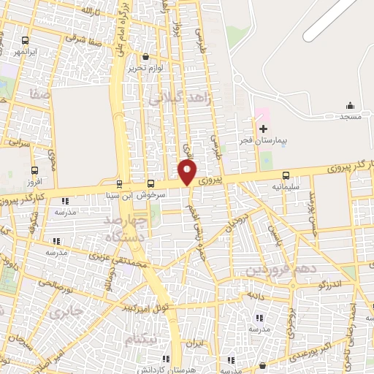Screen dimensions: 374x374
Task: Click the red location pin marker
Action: coord(188,172)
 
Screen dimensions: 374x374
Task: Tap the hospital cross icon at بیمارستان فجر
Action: coord(264,129)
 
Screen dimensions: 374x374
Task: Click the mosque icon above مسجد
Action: coord(349,106)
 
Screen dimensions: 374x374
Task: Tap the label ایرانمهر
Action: coord(26,52)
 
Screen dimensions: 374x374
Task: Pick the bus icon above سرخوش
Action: coord(151,183)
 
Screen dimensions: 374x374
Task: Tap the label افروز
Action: coord(34,181)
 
